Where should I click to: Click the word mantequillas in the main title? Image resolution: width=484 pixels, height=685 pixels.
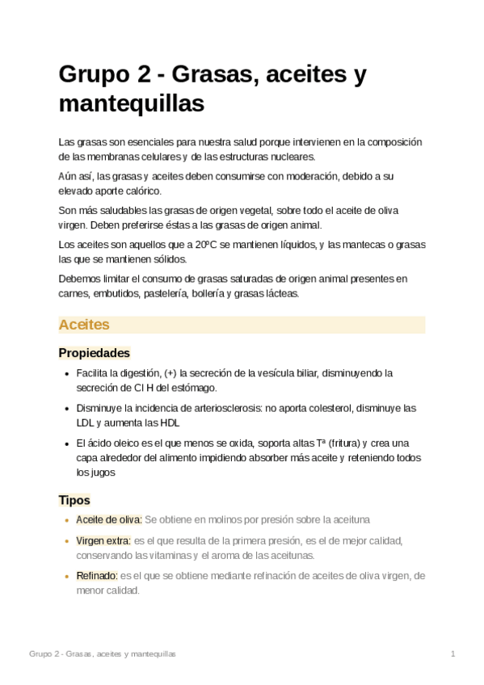[x=132, y=104]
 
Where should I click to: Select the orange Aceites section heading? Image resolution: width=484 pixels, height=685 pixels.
[x=84, y=325]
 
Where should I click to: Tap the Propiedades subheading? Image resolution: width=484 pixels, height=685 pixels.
[x=95, y=353]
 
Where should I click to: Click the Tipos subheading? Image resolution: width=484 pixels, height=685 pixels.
[x=74, y=500]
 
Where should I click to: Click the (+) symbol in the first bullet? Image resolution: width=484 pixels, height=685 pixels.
[x=170, y=373]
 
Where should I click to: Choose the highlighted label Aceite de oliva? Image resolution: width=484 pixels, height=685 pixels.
[x=109, y=519]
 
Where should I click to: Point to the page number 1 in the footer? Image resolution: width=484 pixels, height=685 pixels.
[x=453, y=653]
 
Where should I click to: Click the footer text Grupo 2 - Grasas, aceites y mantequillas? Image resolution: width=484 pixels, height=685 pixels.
[x=103, y=653]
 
